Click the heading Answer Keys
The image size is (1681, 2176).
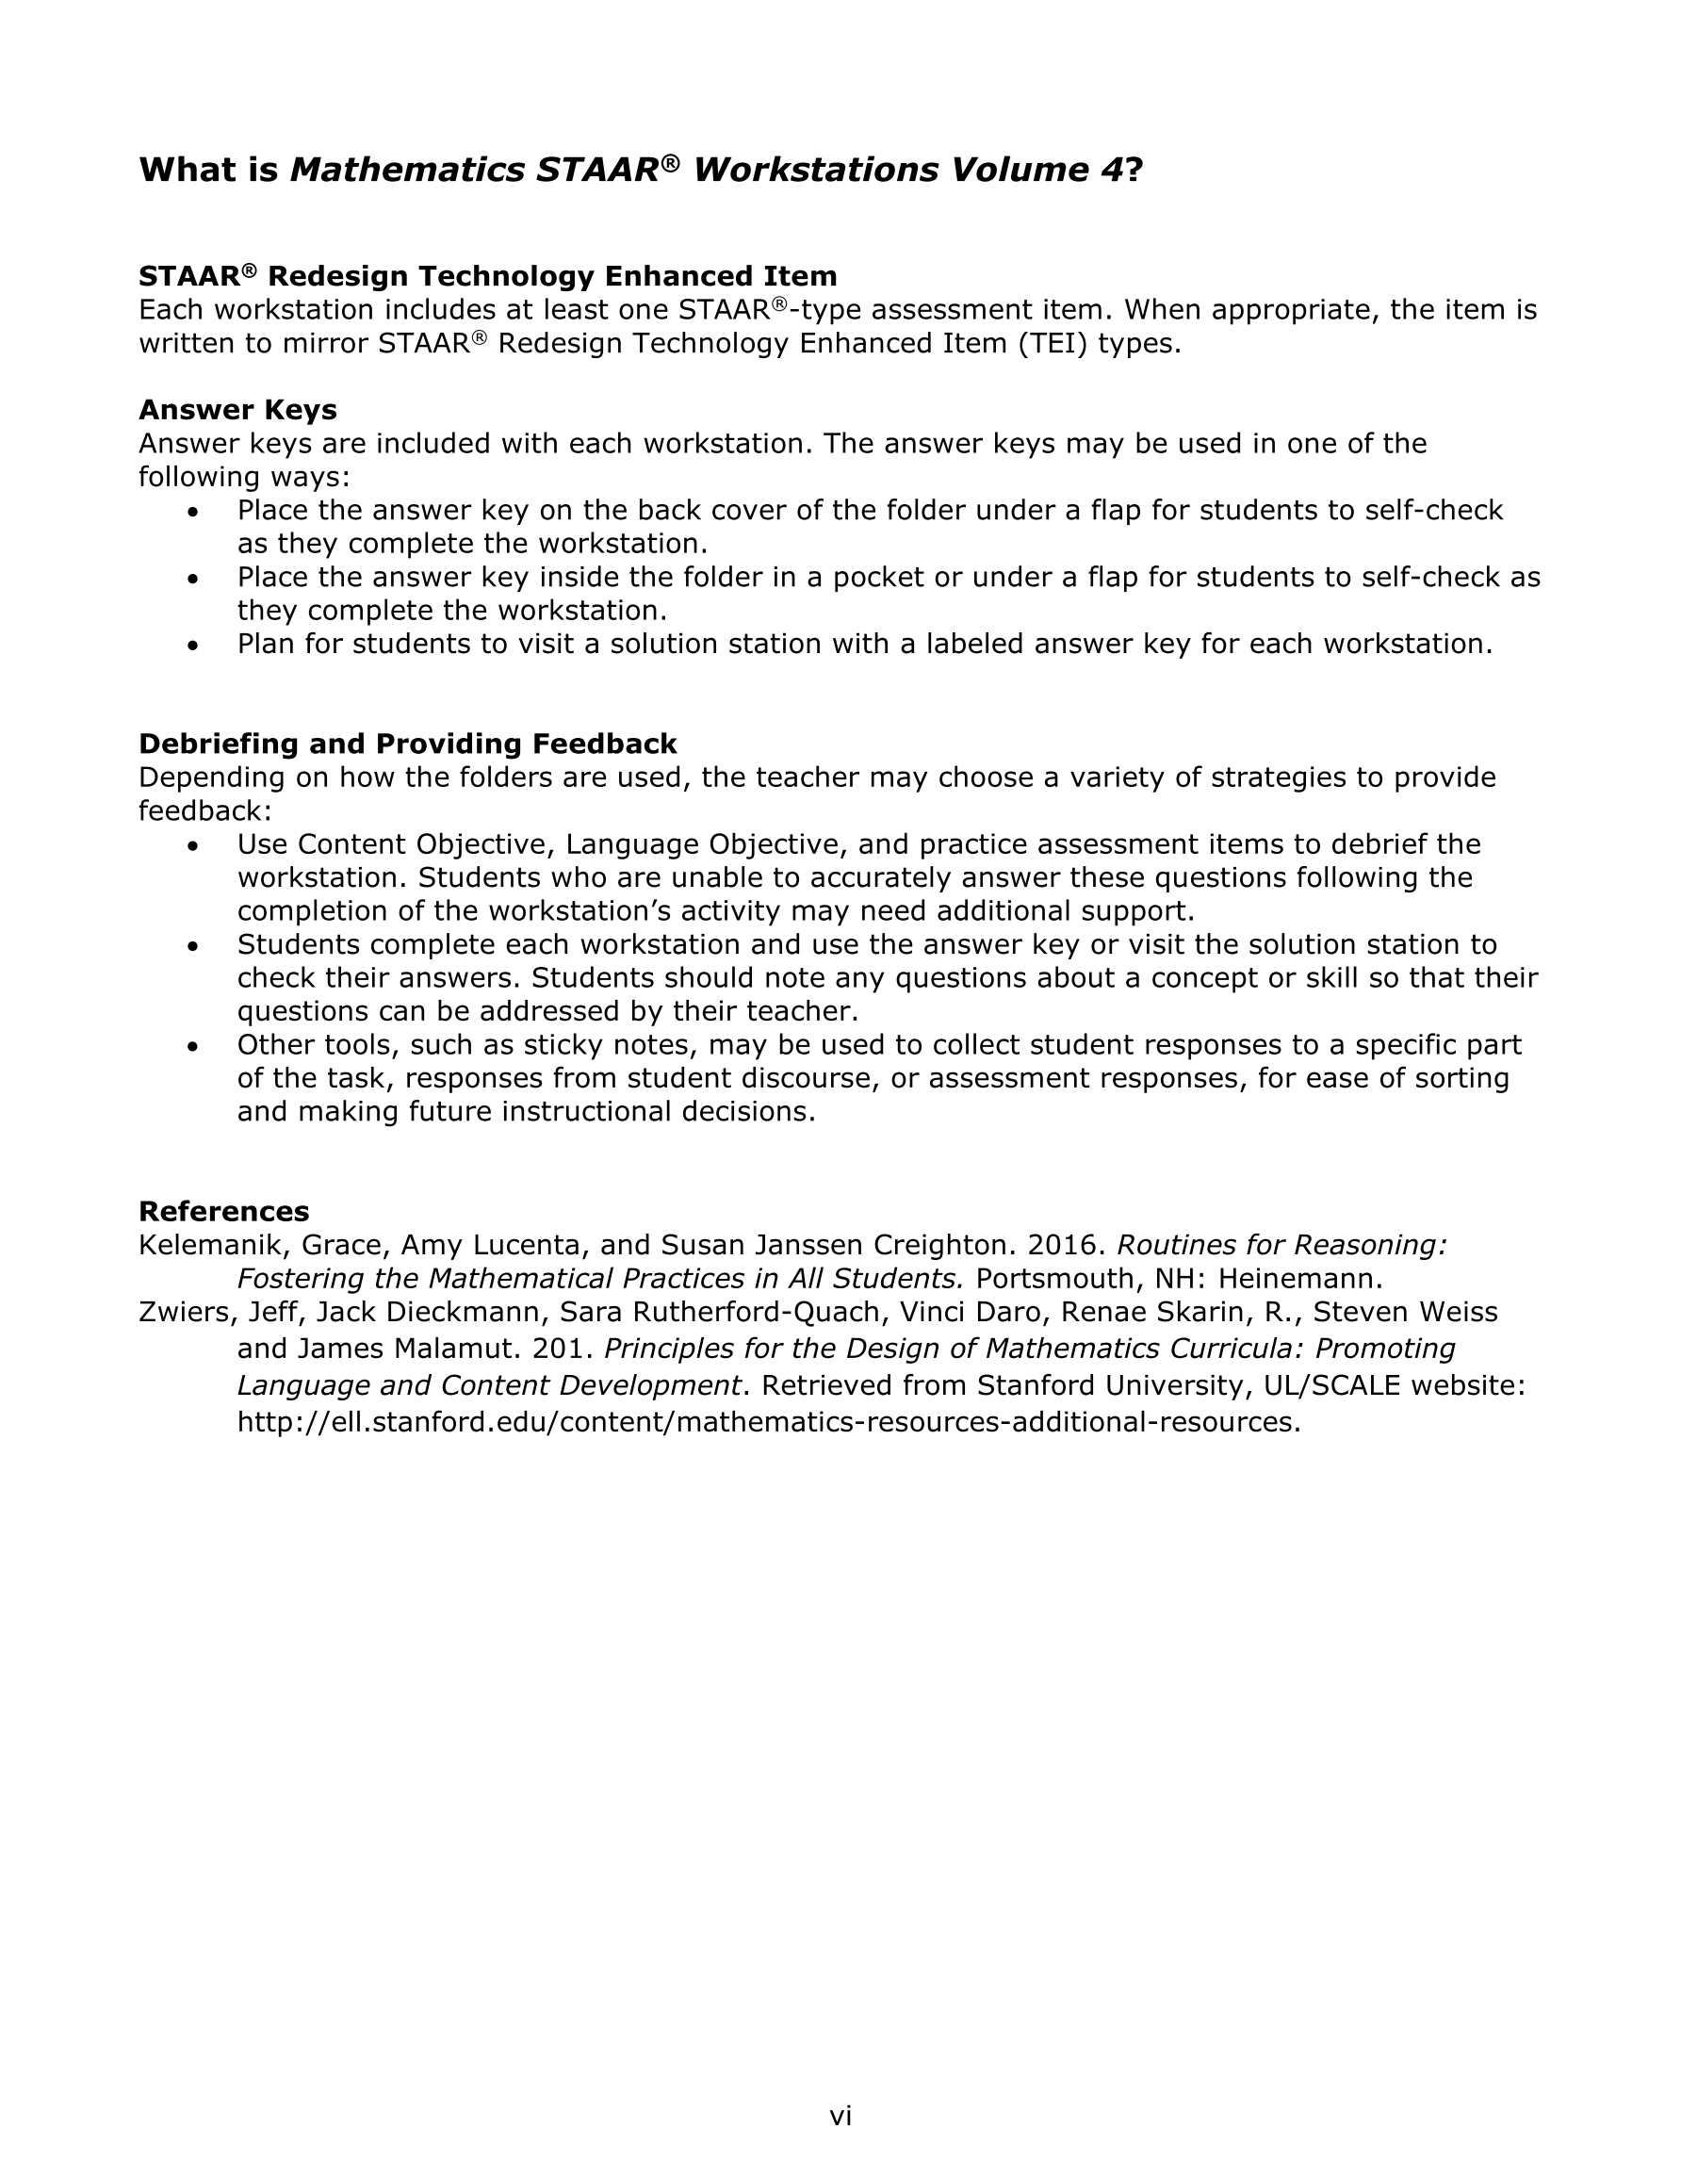pyautogui.click(x=237, y=410)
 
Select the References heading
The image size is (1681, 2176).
pyautogui.click(x=223, y=1212)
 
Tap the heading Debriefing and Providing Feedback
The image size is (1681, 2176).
pyautogui.click(x=408, y=744)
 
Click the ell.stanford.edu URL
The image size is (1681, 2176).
pyautogui.click(x=768, y=1422)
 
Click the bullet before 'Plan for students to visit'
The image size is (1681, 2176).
pyautogui.click(x=193, y=646)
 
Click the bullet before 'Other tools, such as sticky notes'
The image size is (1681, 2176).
pyautogui.click(x=193, y=1046)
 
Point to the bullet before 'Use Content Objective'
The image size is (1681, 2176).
pyautogui.click(x=193, y=846)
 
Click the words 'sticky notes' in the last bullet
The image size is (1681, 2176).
pyautogui.click(x=608, y=1045)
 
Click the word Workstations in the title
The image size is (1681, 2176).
pyautogui.click(x=815, y=171)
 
